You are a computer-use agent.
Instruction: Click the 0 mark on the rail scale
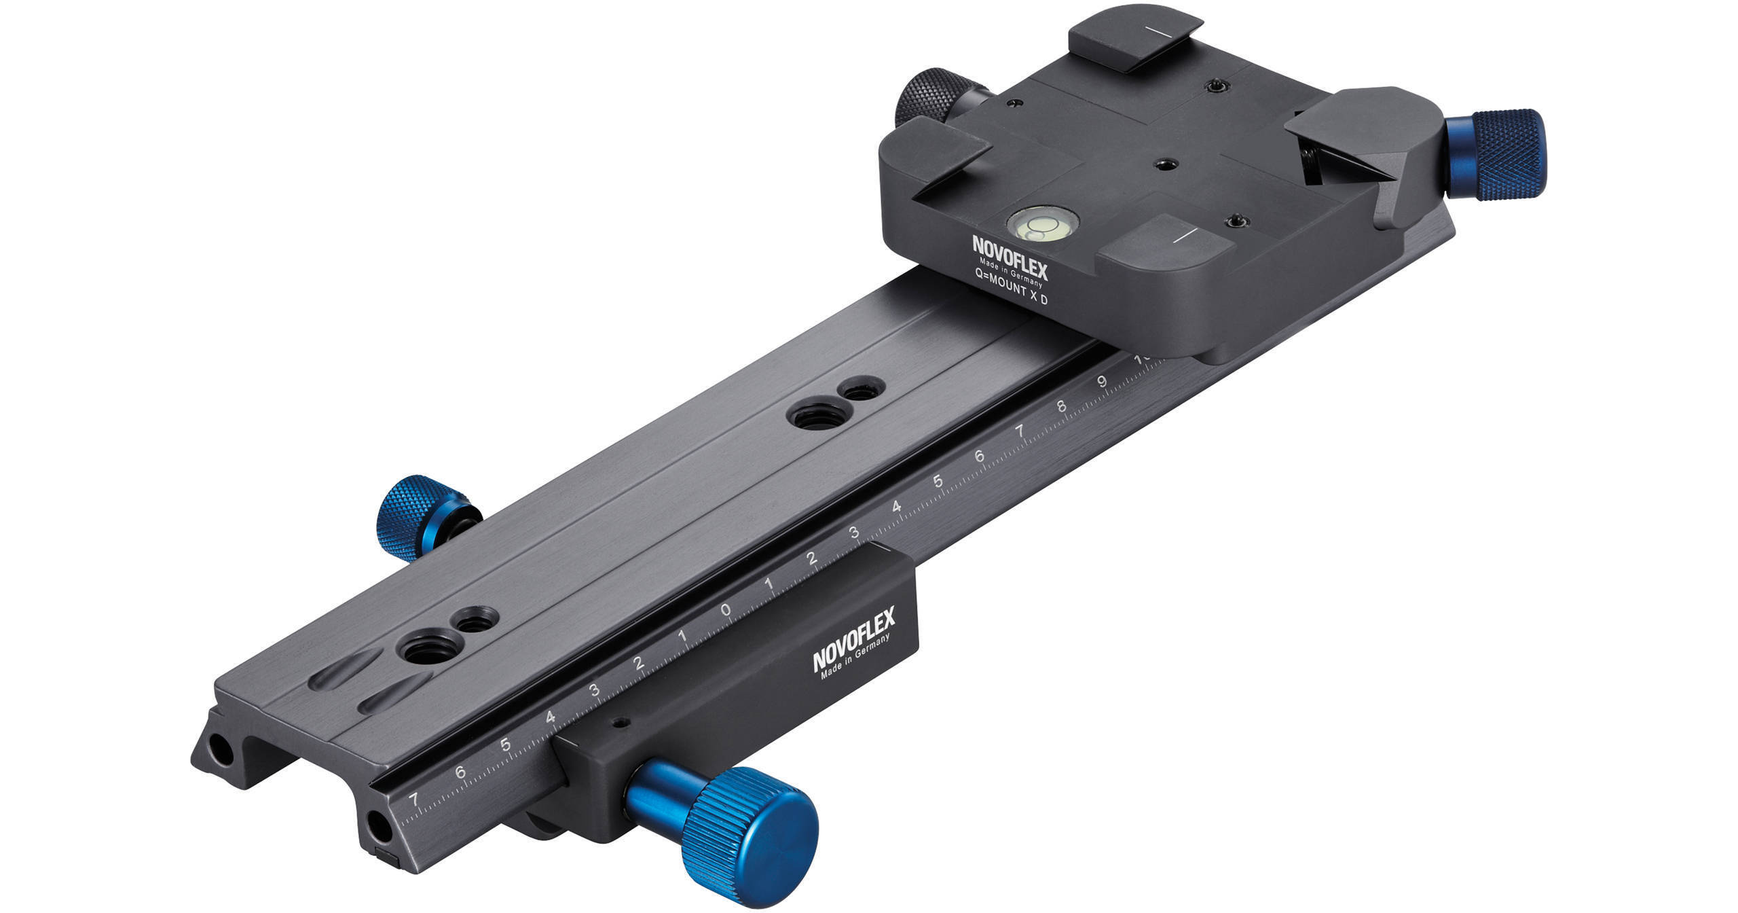[726, 610]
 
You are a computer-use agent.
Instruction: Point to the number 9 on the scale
[1103, 382]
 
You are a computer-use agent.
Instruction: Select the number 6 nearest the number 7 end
[460, 772]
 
